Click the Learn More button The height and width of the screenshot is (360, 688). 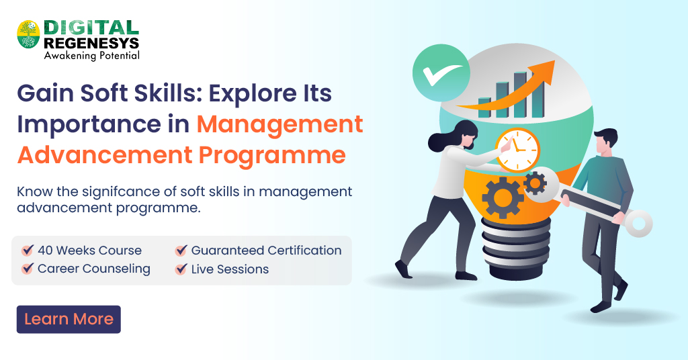(69, 319)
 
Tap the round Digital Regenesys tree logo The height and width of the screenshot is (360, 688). (28, 34)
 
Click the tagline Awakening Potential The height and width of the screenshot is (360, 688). (91, 55)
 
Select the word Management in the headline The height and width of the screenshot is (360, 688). (279, 125)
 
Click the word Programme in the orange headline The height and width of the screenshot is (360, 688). (272, 156)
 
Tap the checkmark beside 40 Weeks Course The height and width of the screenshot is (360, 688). (27, 250)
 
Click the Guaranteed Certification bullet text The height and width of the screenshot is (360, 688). (266, 251)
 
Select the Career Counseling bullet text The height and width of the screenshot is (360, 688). (94, 269)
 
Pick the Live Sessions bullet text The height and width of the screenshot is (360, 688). (230, 269)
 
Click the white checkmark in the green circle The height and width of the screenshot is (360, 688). (441, 75)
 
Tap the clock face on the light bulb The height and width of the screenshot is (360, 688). (518, 150)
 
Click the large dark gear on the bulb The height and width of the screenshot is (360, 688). (503, 197)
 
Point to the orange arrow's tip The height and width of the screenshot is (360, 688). (554, 62)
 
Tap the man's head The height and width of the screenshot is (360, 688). (605, 142)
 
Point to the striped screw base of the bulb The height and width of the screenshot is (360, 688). (516, 248)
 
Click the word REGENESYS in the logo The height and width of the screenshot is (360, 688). (91, 43)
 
